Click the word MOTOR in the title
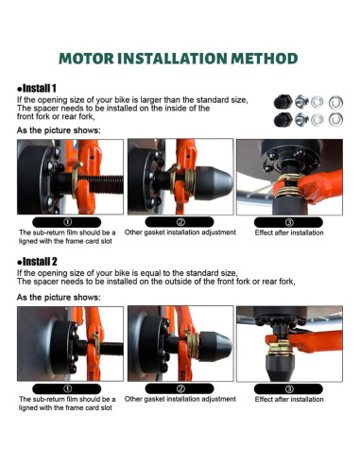point(86,59)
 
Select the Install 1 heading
point(37,88)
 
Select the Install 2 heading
point(37,262)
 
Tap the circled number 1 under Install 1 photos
point(67,222)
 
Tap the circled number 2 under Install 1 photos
point(180,222)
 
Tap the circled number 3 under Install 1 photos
point(289,222)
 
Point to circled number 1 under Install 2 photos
point(67,388)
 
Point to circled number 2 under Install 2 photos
point(180,388)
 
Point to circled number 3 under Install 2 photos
point(289,389)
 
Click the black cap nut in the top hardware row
point(283,102)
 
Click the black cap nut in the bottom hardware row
point(283,120)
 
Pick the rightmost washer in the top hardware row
point(335,102)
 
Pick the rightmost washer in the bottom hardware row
point(335,120)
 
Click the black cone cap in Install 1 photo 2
point(214,182)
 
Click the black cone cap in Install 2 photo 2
point(215,347)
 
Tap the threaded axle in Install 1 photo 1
point(101,184)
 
